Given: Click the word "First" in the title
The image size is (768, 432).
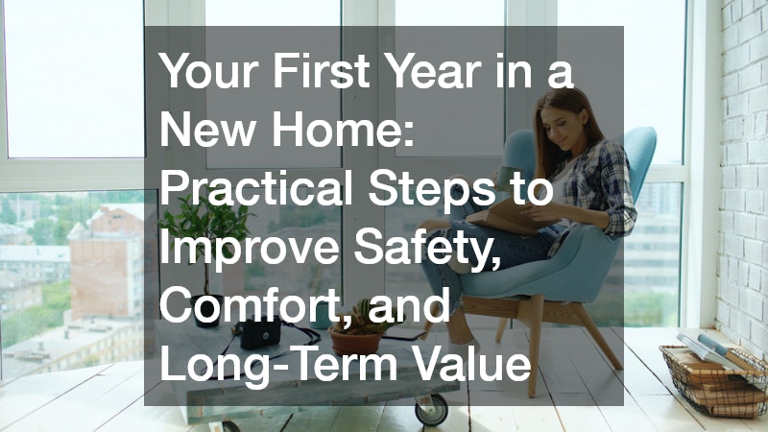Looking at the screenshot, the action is pyautogui.click(x=321, y=71).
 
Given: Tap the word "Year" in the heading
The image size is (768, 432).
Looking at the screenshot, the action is pyautogui.click(x=431, y=71).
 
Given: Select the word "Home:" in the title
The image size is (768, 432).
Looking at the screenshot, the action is pyautogui.click(x=343, y=130).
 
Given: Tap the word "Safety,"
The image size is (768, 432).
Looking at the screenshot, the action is pyautogui.click(x=427, y=249).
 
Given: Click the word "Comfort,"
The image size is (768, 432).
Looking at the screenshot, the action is pyautogui.click(x=256, y=305).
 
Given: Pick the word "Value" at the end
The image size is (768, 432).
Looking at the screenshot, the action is pyautogui.click(x=471, y=364).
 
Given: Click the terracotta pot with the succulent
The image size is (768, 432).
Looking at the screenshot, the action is pyautogui.click(x=356, y=341).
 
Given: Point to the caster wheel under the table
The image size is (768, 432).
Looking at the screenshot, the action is pyautogui.click(x=431, y=410).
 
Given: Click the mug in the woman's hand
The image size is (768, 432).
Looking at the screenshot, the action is pyautogui.click(x=510, y=179).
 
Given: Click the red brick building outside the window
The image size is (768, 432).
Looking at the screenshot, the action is pyautogui.click(x=106, y=265).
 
